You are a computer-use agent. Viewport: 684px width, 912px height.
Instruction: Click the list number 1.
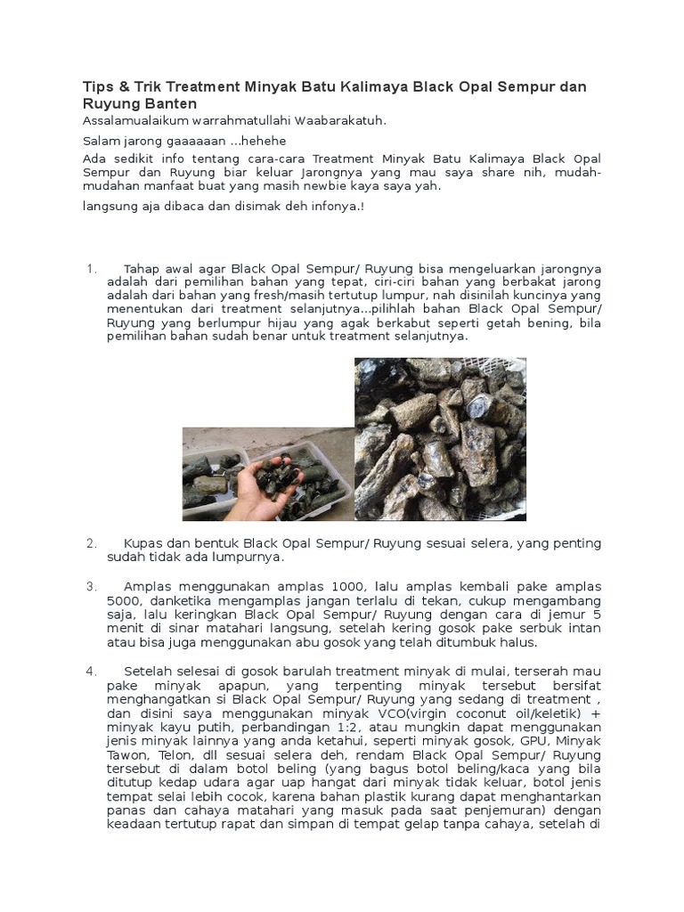(x=90, y=268)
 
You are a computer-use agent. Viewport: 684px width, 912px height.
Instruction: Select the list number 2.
(x=90, y=542)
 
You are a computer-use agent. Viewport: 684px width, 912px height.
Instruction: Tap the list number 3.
(x=90, y=587)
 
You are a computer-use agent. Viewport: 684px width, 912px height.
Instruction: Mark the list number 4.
(x=90, y=670)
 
